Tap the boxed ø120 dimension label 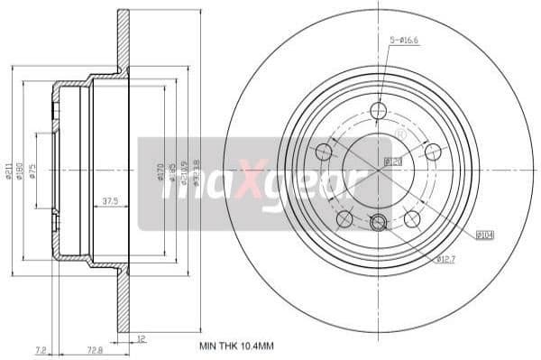coord(393,162)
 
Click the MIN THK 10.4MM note coord(238,345)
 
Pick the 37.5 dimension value coord(111,201)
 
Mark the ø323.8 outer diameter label coord(197,171)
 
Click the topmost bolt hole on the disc coord(378,110)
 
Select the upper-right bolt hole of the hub coord(433,151)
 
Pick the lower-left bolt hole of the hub coord(344,218)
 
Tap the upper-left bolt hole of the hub coord(323,151)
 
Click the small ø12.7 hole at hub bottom coord(379,222)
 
